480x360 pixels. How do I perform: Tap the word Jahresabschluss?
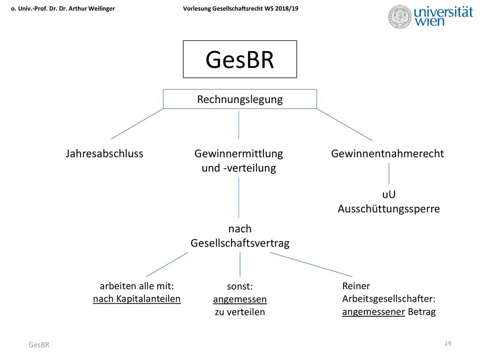point(105,153)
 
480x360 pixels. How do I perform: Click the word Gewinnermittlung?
point(239,153)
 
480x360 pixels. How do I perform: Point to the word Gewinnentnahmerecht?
point(387,153)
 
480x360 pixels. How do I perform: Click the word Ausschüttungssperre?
point(389,209)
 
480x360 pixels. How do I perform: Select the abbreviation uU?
point(389,195)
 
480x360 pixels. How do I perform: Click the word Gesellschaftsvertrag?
point(240,243)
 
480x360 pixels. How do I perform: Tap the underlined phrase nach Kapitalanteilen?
point(137,299)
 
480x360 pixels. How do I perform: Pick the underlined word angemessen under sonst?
point(240,300)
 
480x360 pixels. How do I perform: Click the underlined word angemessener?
point(374,312)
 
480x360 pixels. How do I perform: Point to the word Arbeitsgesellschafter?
point(388,299)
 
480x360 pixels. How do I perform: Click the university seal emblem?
point(400,17)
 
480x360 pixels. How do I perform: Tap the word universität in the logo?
point(443,12)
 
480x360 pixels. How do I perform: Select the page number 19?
point(448,344)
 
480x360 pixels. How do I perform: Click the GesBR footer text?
point(39,345)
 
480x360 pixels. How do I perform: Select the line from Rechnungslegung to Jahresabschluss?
point(137,124)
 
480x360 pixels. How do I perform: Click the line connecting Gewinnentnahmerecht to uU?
point(389,173)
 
